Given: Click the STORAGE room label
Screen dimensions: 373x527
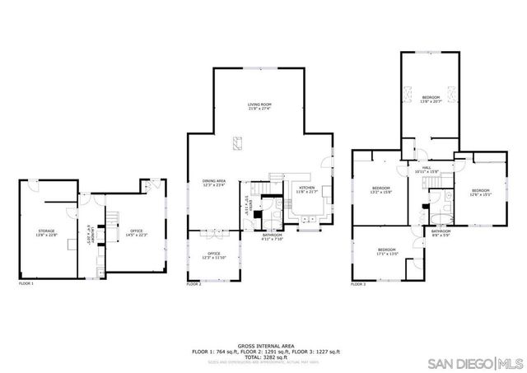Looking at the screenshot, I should (x=45, y=233).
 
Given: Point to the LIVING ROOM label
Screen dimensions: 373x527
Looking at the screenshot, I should (x=259, y=107).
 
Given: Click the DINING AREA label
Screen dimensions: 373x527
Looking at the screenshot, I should (x=214, y=183).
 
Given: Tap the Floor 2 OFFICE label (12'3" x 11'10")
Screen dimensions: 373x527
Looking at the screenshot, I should (x=213, y=255).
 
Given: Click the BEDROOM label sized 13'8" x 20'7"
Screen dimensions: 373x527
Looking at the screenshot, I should (x=431, y=99).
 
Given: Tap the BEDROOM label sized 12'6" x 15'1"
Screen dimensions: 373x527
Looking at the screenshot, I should (x=480, y=193).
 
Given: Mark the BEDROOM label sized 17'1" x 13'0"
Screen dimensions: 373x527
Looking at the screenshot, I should (x=387, y=251).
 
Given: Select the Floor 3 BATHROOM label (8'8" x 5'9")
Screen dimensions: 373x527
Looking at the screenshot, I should (x=441, y=233).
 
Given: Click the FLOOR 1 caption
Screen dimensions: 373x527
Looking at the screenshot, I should (x=26, y=284).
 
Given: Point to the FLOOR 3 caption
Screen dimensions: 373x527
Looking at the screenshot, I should (x=358, y=284).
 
